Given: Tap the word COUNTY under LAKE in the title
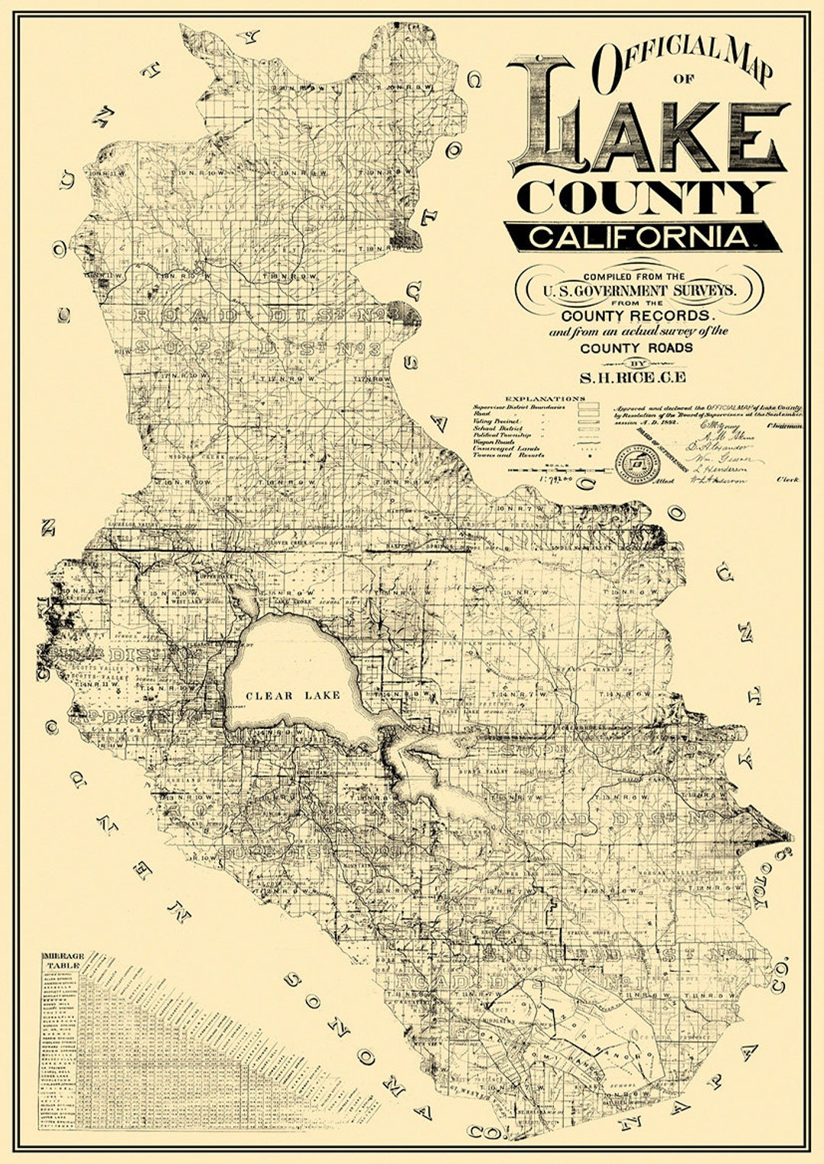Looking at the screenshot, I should tap(645, 197).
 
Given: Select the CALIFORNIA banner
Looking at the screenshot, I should tap(641, 236).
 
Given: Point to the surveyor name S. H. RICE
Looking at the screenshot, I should tap(632, 377).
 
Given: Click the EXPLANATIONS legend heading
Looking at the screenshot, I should tap(545, 398).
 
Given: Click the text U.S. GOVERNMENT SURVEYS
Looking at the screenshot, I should tap(639, 290).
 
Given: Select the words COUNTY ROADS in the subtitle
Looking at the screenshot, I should tap(636, 348).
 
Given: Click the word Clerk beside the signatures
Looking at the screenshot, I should tap(787, 479).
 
